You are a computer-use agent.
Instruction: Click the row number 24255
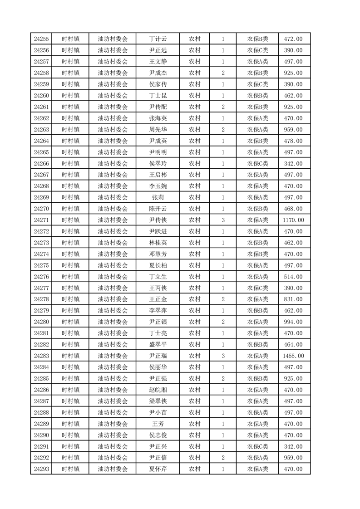[x=41, y=39]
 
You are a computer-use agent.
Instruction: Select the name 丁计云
[x=158, y=39]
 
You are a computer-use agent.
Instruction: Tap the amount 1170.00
[x=293, y=220]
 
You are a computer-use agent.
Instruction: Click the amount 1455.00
[x=293, y=356]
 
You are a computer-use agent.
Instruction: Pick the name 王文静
[x=158, y=62]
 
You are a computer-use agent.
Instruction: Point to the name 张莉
[x=158, y=197]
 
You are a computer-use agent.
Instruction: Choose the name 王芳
[x=158, y=424]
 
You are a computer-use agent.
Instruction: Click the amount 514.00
[x=293, y=277]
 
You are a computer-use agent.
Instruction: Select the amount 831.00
[x=293, y=299]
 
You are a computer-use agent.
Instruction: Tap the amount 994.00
[x=293, y=322]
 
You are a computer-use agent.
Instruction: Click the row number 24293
[x=41, y=469]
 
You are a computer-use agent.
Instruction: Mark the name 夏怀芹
[x=158, y=469]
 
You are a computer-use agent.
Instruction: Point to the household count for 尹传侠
[x=223, y=220]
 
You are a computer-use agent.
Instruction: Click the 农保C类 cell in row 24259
[x=257, y=84]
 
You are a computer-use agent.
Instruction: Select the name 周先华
[x=158, y=130]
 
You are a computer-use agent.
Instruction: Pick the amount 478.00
[x=293, y=141]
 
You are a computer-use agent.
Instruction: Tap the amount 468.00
[x=293, y=209]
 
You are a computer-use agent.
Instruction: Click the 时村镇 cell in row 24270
[x=70, y=209]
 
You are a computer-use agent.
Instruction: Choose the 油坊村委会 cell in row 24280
[x=113, y=322]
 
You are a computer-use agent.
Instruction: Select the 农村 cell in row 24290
[x=195, y=435]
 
